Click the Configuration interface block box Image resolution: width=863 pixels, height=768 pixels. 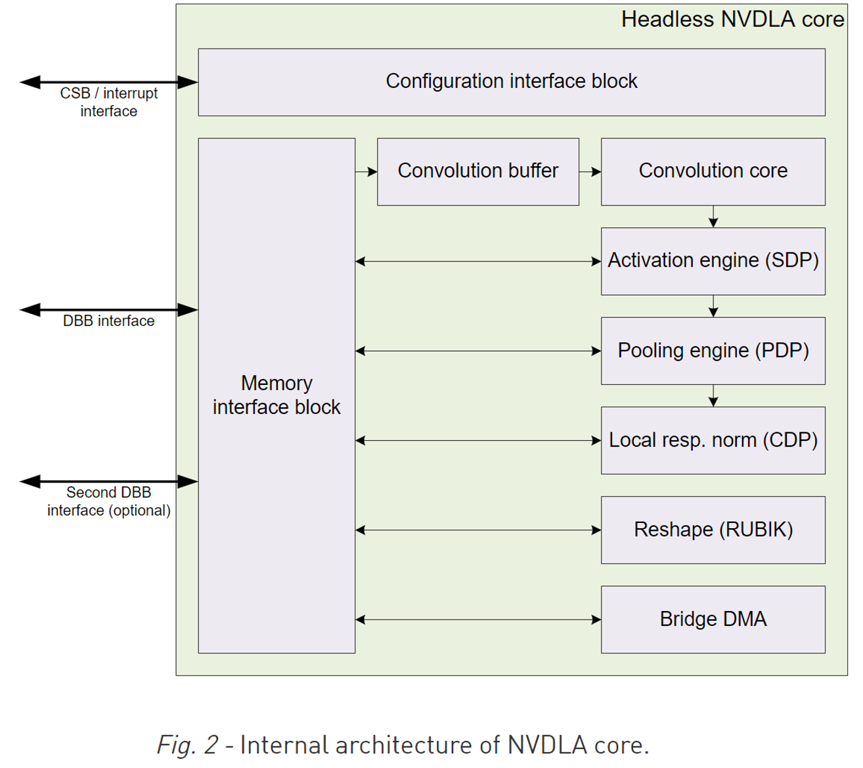[x=511, y=81]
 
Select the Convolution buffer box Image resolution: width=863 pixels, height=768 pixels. [x=477, y=171]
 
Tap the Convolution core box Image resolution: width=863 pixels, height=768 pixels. [x=713, y=171]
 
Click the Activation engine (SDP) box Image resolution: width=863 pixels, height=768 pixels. [x=713, y=261]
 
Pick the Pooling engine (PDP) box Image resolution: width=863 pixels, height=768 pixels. [x=713, y=350]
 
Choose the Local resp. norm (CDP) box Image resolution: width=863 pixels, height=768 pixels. [x=713, y=440]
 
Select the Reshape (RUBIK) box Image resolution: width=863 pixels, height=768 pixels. [x=713, y=530]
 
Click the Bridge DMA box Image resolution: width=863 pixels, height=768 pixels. [x=713, y=619]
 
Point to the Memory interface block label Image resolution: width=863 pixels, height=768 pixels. [x=277, y=395]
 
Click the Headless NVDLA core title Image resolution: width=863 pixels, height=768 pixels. [x=732, y=20]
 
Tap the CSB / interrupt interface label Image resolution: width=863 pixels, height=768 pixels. [x=109, y=102]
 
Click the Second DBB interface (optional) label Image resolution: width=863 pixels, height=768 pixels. [x=109, y=501]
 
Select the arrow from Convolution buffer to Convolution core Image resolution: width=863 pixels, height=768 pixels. [x=590, y=172]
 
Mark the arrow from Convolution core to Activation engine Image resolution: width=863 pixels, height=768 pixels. [x=713, y=216]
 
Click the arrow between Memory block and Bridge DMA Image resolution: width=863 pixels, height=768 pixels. [x=477, y=620]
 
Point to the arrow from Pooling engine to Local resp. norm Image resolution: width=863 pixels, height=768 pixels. [x=713, y=395]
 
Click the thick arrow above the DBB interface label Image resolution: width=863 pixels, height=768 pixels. [x=109, y=309]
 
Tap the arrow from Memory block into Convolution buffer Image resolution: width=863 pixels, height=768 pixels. [x=366, y=172]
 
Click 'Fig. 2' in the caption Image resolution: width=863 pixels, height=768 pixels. [x=187, y=745]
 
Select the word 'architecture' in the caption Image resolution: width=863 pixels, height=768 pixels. [x=403, y=745]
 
